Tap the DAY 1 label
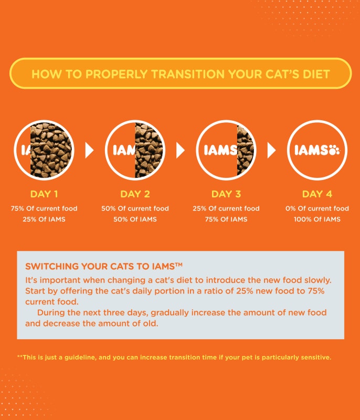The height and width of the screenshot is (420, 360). [x=44, y=194]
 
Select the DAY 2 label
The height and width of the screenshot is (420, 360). [x=135, y=194]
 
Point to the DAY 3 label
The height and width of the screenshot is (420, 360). [x=226, y=194]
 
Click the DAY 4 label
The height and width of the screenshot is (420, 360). [x=317, y=194]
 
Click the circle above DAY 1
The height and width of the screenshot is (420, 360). [x=44, y=151]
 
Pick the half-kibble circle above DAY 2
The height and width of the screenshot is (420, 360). [x=135, y=151]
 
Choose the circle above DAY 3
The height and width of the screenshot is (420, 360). [x=226, y=151]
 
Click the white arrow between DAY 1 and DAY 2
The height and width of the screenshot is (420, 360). [x=89, y=151]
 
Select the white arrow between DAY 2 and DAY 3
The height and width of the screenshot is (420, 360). [x=181, y=151]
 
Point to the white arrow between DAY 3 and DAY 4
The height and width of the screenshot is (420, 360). [x=271, y=151]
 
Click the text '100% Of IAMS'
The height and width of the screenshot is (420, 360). [x=317, y=219]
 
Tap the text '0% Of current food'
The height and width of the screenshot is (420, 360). [x=317, y=208]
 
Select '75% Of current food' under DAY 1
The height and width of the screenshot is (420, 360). [x=44, y=208]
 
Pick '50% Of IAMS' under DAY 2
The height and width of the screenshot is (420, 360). [x=135, y=219]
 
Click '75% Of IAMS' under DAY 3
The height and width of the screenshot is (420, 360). [x=226, y=219]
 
